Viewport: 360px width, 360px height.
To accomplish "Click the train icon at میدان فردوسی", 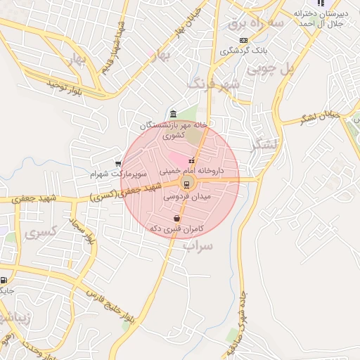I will (186, 185).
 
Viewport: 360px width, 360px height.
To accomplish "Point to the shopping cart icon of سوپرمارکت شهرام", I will (117, 164).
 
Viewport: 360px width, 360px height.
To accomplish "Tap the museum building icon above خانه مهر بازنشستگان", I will (173, 114).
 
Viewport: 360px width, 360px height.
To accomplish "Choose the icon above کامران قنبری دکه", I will (175, 219).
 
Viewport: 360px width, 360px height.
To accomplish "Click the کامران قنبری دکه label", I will (176, 229).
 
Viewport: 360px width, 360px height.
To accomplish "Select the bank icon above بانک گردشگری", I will (243, 41).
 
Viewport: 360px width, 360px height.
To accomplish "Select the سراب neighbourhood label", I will (198, 247).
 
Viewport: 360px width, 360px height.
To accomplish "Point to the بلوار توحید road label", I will (65, 86).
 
